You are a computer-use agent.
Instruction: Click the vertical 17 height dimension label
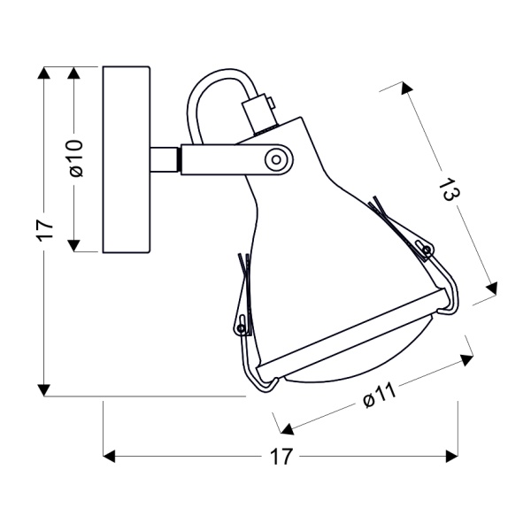point(46,231)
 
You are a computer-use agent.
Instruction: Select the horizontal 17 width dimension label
point(281,457)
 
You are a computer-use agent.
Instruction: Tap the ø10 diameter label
point(76,158)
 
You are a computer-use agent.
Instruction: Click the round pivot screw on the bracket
point(277,159)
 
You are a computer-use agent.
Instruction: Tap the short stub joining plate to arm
point(163,159)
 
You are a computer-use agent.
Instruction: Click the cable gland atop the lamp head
point(260,112)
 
